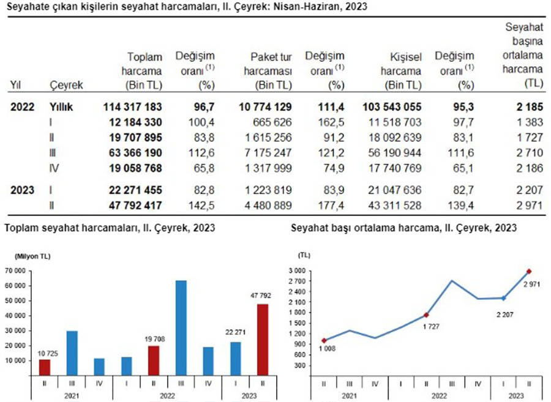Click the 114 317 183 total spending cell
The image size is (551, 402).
pos(132,107)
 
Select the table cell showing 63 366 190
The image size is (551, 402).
pos(135,153)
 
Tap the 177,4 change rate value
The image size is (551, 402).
pos(330,206)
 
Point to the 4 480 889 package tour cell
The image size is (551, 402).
pos(268,206)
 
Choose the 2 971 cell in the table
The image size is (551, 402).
pos(530,206)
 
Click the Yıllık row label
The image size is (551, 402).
pos(61,107)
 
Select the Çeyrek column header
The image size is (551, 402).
pos(66,85)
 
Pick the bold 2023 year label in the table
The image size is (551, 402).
pos(23,190)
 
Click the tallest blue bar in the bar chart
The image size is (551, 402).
pos(181,328)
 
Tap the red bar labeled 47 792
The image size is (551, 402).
pos(263,340)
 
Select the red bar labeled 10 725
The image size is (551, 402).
pos(45,368)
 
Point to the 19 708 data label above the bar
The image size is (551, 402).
pos(155,339)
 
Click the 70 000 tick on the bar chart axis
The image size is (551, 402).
pos(15,270)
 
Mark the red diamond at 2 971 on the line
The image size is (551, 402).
pos(529,272)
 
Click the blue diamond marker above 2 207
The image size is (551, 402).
pos(503,298)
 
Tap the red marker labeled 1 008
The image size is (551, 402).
pos(324,341)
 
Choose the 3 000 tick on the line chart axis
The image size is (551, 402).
pos(297,270)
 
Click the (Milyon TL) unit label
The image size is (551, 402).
pos(32,256)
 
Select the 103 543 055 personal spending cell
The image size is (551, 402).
pos(392,107)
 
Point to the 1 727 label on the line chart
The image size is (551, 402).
pos(431,327)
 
